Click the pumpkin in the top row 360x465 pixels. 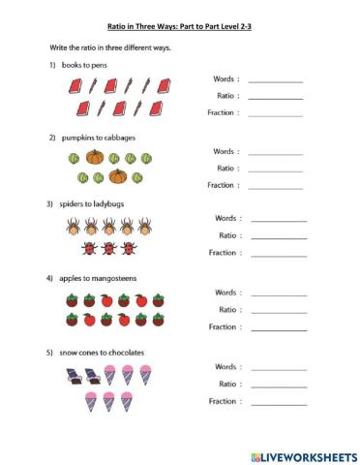point(95,156)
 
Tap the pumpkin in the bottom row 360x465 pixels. point(117,176)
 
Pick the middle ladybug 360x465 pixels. point(107,248)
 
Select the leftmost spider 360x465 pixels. point(73,227)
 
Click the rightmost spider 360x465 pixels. point(143,227)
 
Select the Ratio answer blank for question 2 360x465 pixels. point(275,168)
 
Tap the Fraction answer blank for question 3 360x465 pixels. point(279,253)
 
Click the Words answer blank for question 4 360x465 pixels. point(279,293)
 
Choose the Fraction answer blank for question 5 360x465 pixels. point(279,401)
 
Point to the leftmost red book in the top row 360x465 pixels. point(74,85)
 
